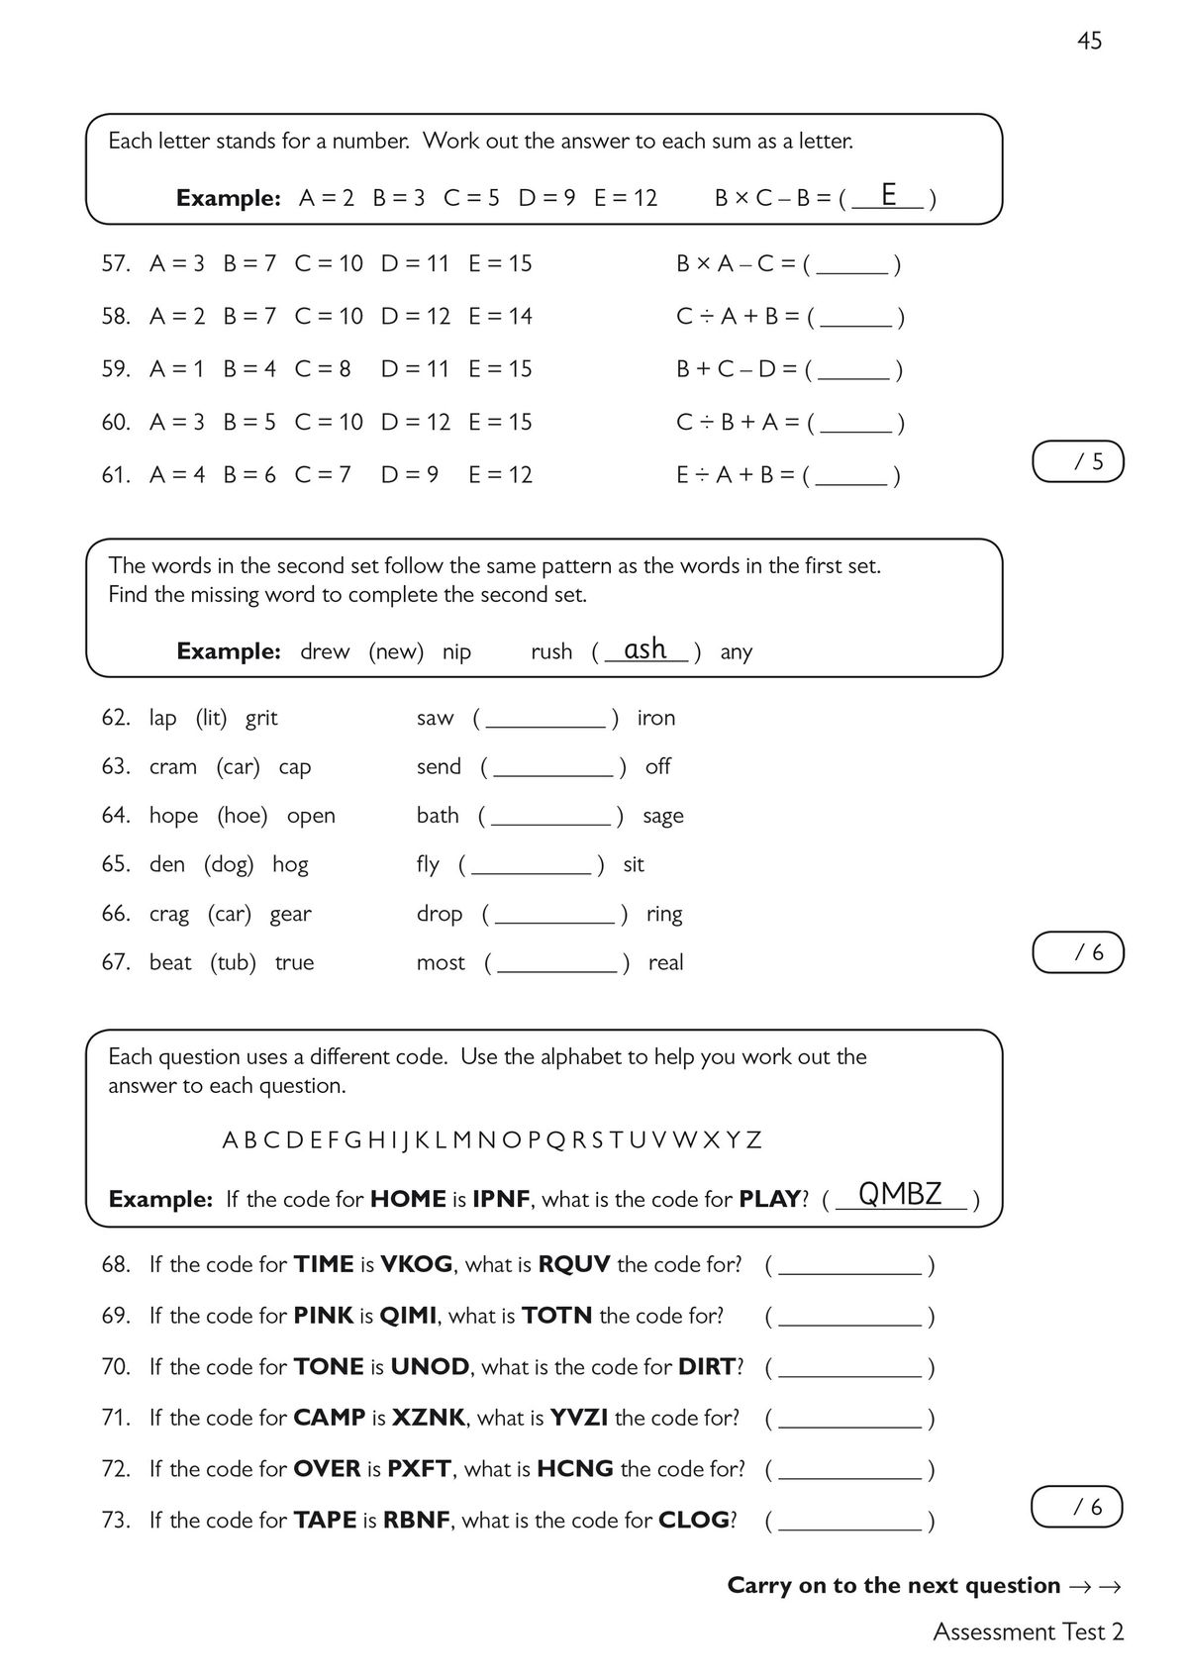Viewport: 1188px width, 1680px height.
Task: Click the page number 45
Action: (x=1089, y=41)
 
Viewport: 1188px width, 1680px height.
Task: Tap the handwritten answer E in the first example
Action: (x=888, y=194)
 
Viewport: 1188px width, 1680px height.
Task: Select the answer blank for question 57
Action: (x=852, y=265)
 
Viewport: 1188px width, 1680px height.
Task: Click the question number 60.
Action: (x=115, y=422)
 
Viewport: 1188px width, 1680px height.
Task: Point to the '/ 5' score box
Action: (x=1078, y=461)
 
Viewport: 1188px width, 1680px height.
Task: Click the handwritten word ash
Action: (x=645, y=648)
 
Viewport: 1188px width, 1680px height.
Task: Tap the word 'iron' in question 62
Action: (x=655, y=718)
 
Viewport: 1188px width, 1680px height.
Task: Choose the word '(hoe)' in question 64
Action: (x=243, y=816)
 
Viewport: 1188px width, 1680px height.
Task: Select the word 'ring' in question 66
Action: (x=664, y=914)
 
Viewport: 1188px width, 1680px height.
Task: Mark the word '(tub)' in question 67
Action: (x=233, y=962)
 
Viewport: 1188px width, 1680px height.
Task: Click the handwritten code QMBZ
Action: (x=899, y=1194)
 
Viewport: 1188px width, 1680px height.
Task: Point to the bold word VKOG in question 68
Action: (x=416, y=1264)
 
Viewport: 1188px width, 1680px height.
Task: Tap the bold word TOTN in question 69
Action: (x=556, y=1316)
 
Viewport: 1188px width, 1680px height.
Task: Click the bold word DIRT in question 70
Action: (x=707, y=1367)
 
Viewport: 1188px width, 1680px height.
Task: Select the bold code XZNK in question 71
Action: (x=428, y=1418)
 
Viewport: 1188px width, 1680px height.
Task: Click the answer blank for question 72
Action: (x=849, y=1470)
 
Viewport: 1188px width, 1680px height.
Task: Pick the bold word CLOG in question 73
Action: (x=693, y=1521)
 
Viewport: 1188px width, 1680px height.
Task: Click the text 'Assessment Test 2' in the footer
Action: (x=1028, y=1631)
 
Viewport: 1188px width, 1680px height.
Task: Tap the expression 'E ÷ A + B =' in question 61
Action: (x=736, y=475)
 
